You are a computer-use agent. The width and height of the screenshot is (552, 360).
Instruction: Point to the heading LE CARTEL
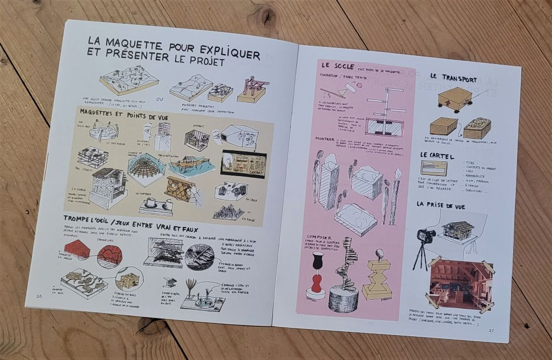click(437, 156)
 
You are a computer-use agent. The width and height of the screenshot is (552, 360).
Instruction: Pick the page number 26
click(39, 296)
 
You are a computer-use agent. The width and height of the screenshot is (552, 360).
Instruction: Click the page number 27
click(491, 331)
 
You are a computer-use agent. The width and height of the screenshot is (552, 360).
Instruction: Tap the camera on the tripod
click(426, 237)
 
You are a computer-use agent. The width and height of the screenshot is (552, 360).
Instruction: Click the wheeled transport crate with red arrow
click(455, 99)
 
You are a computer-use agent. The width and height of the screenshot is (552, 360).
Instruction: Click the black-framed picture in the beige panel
click(243, 163)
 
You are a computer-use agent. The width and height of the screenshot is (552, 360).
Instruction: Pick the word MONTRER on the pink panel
click(326, 139)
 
